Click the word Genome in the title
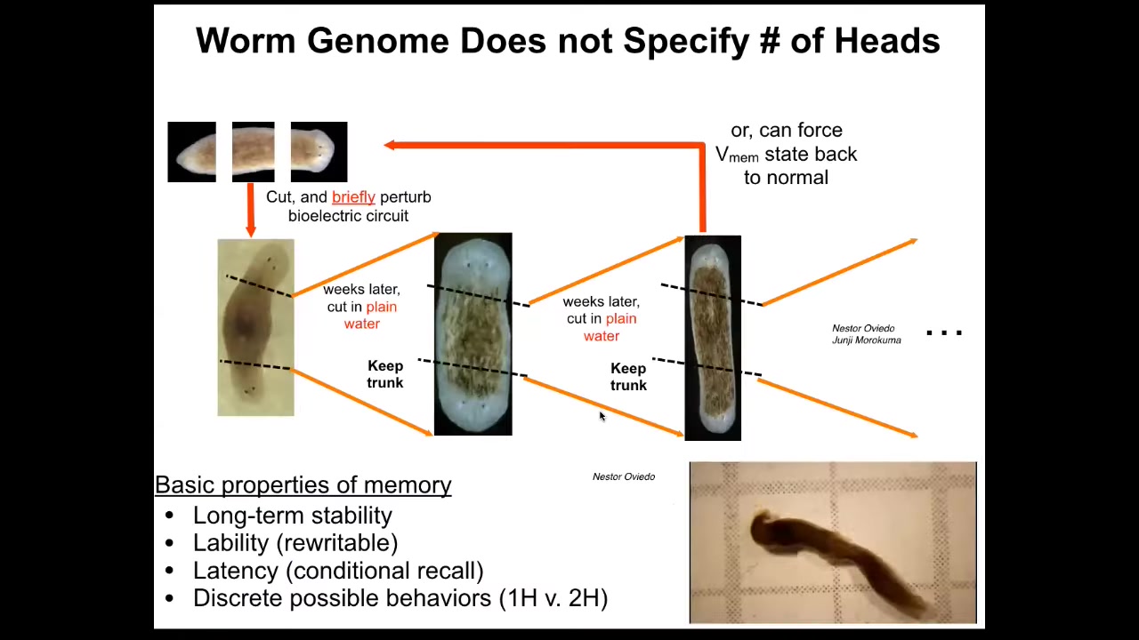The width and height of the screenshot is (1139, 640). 378,41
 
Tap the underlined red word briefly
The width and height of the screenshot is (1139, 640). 353,197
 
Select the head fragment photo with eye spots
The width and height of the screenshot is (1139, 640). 319,152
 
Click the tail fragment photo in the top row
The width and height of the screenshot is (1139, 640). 191,152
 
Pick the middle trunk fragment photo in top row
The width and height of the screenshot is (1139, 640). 254,152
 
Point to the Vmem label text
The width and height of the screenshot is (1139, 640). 737,155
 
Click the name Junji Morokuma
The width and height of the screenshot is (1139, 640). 866,340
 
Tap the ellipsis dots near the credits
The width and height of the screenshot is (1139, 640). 944,333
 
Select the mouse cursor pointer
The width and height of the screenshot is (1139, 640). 602,416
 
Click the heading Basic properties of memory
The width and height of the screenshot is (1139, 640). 303,484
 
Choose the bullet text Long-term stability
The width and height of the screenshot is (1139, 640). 293,516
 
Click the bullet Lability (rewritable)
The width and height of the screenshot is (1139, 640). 295,543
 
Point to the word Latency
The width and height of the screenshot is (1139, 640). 236,571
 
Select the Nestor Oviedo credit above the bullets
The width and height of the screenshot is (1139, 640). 624,476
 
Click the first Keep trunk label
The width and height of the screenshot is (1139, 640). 385,374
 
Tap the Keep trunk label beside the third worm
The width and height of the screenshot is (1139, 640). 628,376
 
